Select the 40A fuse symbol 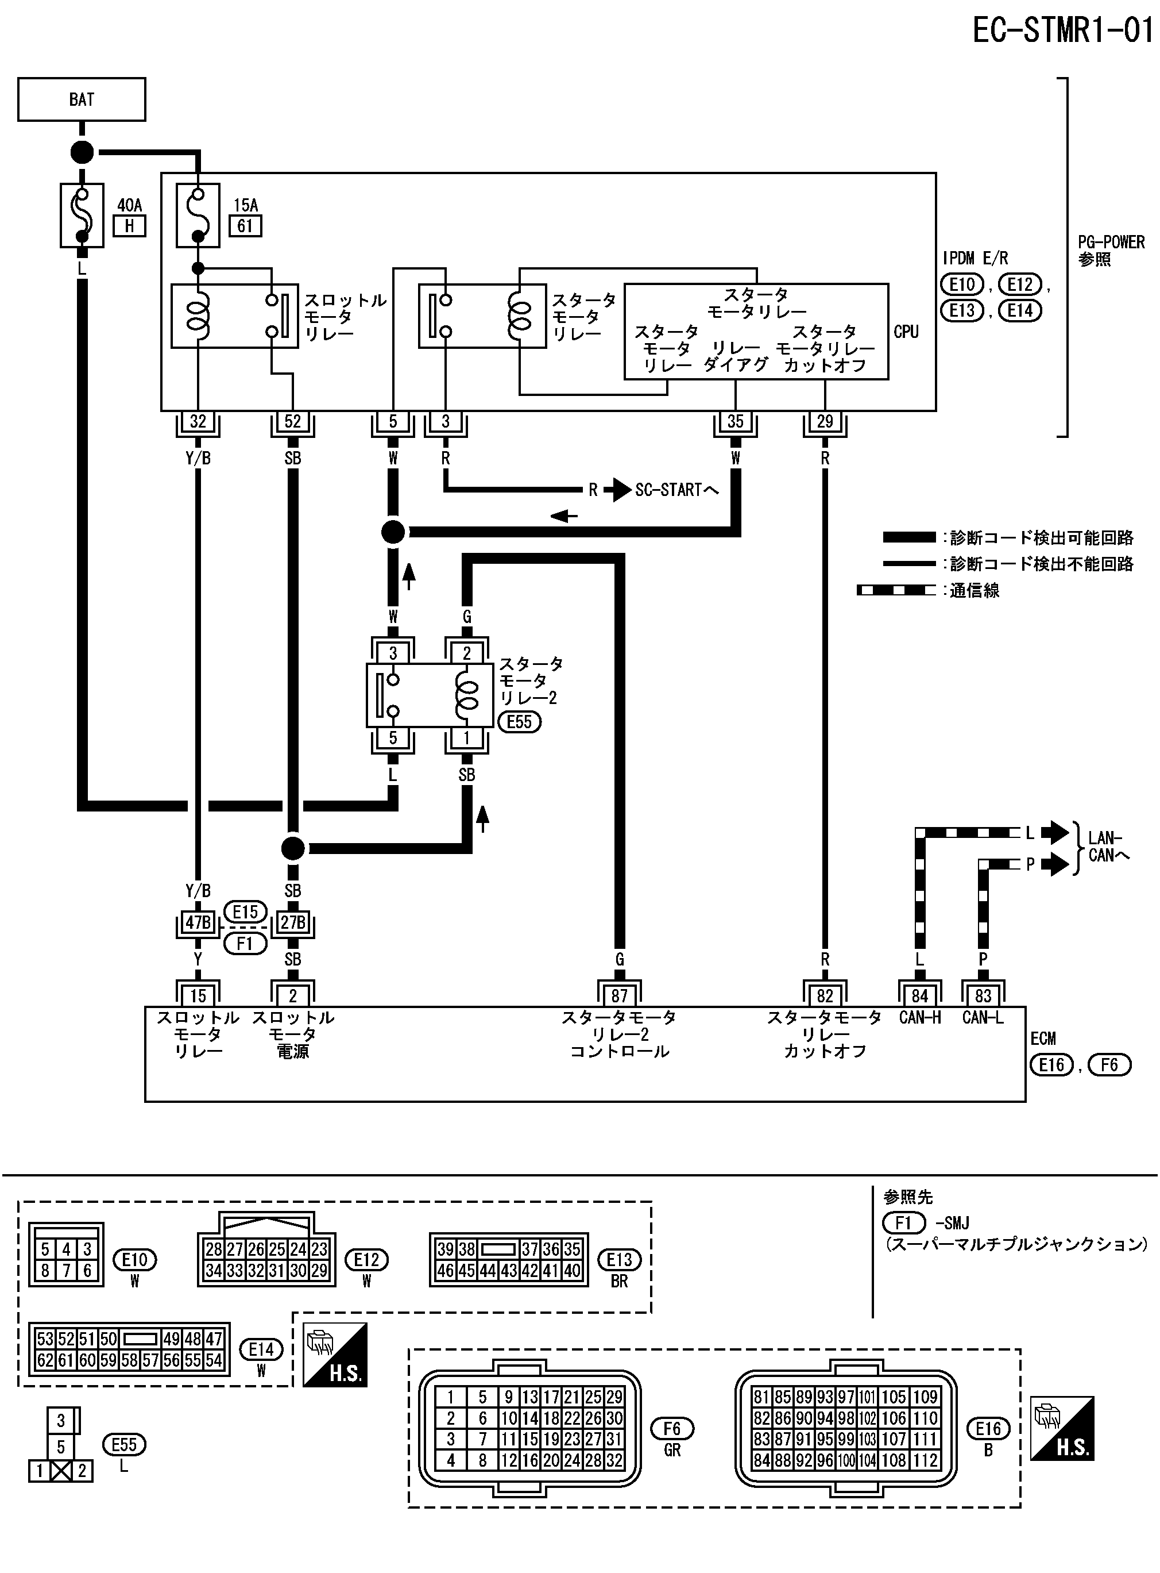tap(82, 216)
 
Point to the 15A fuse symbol tap(198, 216)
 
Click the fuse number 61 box tap(245, 226)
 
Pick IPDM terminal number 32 tap(198, 421)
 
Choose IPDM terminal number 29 tap(825, 421)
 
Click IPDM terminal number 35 tap(735, 421)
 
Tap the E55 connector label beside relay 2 tap(520, 722)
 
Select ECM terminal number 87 tap(619, 995)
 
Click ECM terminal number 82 tap(825, 995)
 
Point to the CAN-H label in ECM tap(920, 1017)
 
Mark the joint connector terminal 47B tap(198, 922)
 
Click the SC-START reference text tap(676, 490)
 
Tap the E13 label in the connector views tap(619, 1260)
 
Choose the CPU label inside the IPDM tap(906, 332)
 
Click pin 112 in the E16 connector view tap(926, 1460)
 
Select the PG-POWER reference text tap(1111, 243)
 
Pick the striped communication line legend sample tap(896, 591)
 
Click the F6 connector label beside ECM tap(1109, 1065)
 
